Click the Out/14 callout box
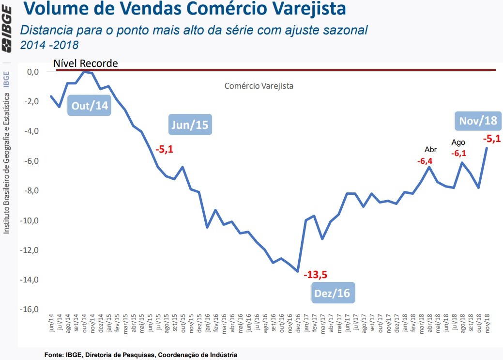tap(91, 106)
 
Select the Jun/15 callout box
tap(190, 125)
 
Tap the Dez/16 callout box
tap(332, 293)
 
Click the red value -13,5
tap(316, 275)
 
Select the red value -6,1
tap(458, 153)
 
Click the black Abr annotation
tap(430, 149)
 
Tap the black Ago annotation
tap(458, 142)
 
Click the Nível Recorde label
tap(85, 63)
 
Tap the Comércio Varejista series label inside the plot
tap(259, 86)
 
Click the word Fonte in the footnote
tap(52, 355)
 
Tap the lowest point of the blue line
tap(297, 271)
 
